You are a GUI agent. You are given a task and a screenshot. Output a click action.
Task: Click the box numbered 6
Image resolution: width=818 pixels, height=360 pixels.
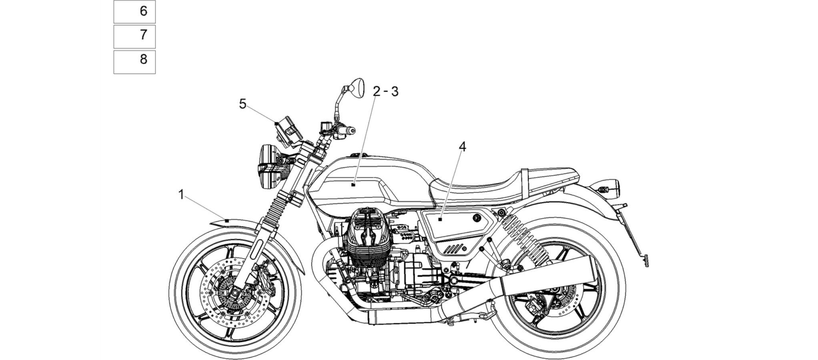click(134, 12)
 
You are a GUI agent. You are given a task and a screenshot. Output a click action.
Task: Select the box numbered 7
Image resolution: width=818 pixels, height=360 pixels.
click(134, 36)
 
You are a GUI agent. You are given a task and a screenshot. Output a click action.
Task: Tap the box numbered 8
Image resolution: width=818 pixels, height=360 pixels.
click(134, 62)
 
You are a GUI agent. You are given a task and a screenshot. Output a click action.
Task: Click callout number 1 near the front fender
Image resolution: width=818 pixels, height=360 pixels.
click(181, 195)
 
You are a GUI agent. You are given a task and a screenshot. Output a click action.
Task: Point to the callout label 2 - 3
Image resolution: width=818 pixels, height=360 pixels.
click(385, 92)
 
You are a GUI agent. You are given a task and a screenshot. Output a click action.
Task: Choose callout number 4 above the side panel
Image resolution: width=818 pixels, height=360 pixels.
click(462, 147)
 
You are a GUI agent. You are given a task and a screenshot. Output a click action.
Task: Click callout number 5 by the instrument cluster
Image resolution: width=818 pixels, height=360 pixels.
click(243, 104)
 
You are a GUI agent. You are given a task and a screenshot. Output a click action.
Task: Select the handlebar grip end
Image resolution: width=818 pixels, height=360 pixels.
click(351, 130)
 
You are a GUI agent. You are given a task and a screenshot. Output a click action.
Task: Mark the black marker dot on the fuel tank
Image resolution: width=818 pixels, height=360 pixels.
click(353, 185)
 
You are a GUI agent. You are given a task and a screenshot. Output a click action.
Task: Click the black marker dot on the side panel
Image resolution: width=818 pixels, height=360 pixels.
click(440, 219)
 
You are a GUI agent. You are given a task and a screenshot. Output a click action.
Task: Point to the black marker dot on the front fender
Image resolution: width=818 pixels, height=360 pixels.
click(227, 221)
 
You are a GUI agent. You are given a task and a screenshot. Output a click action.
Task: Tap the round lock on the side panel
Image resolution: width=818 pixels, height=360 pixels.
click(476, 218)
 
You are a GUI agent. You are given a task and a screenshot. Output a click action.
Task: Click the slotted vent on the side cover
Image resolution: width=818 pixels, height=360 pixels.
click(453, 249)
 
